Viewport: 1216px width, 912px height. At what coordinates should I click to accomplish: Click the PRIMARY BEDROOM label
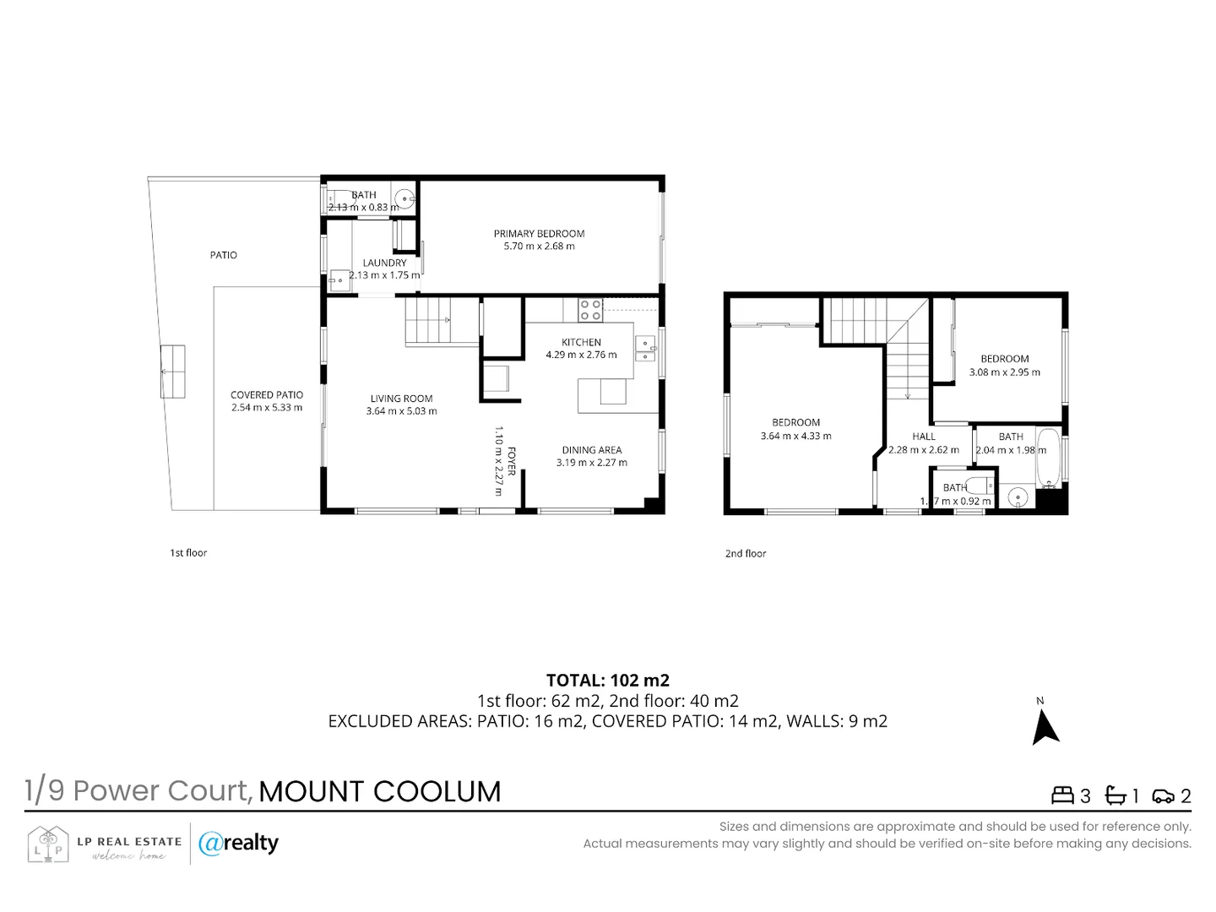coord(539,234)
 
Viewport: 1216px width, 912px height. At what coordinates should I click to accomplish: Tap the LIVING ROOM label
coord(401,399)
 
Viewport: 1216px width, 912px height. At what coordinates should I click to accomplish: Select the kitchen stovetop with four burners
coord(590,310)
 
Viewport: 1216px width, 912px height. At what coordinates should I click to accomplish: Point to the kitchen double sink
coord(644,349)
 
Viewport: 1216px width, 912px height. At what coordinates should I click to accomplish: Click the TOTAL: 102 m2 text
coord(607,681)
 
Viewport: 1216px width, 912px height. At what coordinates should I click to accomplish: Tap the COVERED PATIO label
coord(266,394)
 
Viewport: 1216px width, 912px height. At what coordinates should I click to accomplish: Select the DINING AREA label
coord(591,450)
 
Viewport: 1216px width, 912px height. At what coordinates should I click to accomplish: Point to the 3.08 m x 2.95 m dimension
coord(1004,372)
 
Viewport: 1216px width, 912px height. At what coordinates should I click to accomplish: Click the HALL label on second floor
coord(923,437)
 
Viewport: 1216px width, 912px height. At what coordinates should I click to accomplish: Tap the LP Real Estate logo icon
coord(47,844)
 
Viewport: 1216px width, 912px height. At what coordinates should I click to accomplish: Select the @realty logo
coord(238,843)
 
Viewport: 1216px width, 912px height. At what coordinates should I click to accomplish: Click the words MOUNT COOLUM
coord(379,791)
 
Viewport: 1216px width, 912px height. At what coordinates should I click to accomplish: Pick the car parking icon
coord(1163,795)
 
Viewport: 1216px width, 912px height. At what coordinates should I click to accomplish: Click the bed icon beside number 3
coord(1061,795)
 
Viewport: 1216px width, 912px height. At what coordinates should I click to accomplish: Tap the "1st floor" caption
coord(188,553)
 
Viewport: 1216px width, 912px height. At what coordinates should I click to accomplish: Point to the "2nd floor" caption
coord(746,554)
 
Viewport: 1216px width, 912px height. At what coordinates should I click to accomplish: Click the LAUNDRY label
coord(384,263)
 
